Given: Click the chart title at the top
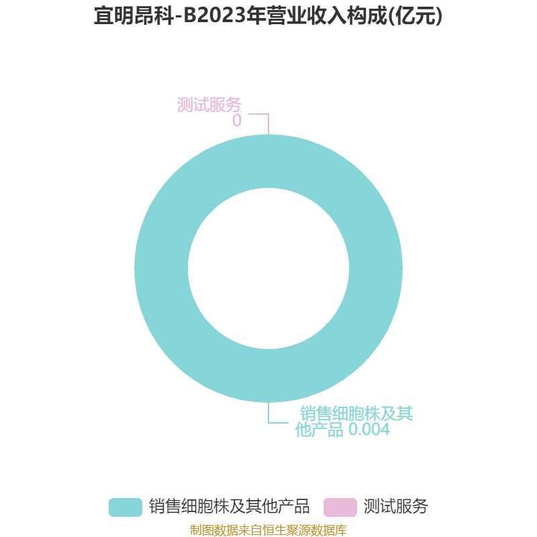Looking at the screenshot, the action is [x=268, y=15].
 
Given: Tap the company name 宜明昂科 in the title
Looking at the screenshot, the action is [x=134, y=15].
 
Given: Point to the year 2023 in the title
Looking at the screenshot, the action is [x=224, y=15].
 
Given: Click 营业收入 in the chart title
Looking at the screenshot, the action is [x=308, y=15].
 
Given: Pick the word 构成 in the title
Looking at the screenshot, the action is [x=368, y=15].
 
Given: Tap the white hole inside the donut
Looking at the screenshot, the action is [x=268, y=268].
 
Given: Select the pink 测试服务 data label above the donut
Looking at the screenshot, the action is [x=209, y=105].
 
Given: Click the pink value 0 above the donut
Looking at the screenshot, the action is [x=237, y=121].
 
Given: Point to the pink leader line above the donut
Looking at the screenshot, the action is [x=268, y=114].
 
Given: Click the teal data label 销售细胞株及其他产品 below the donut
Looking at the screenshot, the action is [x=354, y=422].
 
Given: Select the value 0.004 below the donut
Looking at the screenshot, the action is [x=369, y=430].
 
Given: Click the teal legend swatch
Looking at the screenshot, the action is [x=126, y=507].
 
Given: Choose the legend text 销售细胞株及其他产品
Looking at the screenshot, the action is [x=229, y=506].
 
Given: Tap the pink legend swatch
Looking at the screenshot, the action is [x=340, y=507].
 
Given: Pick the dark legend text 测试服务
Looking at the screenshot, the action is [x=396, y=506].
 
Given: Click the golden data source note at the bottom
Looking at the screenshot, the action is [x=268, y=530].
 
